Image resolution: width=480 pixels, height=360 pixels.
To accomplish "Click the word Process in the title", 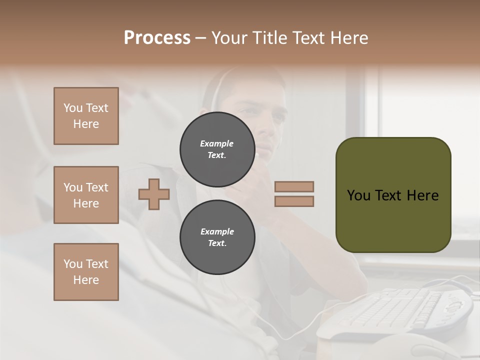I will [157, 38].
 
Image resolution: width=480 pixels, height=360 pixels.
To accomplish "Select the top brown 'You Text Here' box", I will [86, 116].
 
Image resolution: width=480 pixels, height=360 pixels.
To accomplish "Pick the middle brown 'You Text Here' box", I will [86, 195].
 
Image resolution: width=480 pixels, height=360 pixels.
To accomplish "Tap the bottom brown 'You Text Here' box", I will [86, 272].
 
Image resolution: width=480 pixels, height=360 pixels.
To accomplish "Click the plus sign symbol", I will [154, 194].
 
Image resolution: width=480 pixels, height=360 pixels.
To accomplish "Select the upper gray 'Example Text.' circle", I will [217, 149].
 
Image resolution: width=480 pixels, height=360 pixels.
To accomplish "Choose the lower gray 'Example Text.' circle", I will [217, 237].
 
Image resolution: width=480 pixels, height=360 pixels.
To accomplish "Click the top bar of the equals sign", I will [294, 186].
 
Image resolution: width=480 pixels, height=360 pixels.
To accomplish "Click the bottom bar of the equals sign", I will [294, 201].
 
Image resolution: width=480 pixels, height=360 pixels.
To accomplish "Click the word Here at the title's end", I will [350, 38].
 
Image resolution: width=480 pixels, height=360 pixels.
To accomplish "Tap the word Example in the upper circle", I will [217, 143].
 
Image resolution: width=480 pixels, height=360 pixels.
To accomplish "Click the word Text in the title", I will [309, 38].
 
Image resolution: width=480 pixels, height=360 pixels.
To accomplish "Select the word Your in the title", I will [229, 38].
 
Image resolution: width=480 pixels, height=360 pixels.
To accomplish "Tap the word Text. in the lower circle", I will [217, 243].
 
